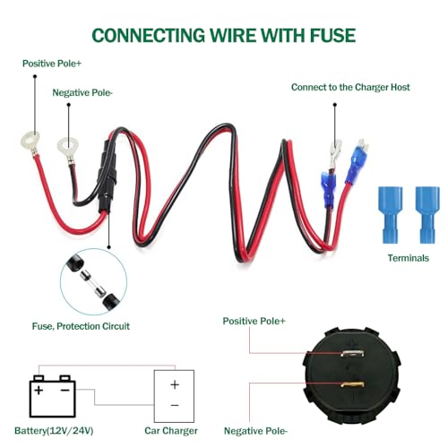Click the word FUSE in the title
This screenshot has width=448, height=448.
click(332, 36)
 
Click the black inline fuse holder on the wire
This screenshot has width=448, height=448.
click(106, 177)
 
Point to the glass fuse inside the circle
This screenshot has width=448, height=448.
click(93, 283)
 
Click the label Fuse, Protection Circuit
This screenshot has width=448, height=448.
click(81, 326)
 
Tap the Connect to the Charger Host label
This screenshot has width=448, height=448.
click(350, 87)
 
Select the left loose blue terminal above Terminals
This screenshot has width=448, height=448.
click(390, 214)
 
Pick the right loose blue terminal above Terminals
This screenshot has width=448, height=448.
click(427, 214)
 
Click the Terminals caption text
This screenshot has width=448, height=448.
click(409, 258)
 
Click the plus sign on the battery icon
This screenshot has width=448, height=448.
click(39, 390)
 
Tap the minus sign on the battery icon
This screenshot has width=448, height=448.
click(65, 390)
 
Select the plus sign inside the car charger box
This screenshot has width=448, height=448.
click(175, 384)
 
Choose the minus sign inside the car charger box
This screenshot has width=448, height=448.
click(175, 405)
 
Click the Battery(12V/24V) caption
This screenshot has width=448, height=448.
click(54, 431)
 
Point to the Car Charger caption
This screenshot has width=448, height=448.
click(171, 431)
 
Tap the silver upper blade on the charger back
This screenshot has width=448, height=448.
click(352, 354)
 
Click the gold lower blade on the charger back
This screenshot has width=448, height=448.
click(352, 384)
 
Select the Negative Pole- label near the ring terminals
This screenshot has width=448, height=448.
click(82, 93)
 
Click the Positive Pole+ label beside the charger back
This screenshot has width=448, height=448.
click(254, 321)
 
